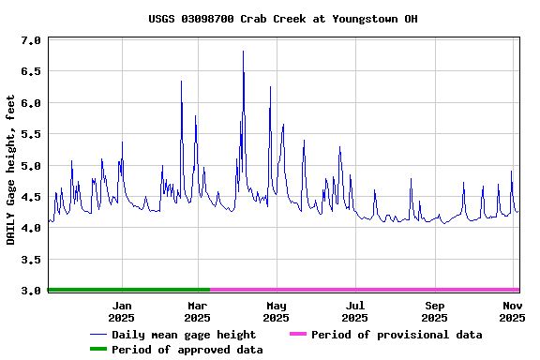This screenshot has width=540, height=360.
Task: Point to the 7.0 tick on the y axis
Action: pos(31,41)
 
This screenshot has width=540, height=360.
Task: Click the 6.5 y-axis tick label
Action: pos(31,72)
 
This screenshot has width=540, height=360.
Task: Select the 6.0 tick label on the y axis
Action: pos(31,103)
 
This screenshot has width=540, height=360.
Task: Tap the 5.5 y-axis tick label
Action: pos(31,135)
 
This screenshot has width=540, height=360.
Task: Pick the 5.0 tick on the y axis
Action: pos(31,166)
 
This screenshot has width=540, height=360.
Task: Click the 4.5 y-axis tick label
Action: pos(31,197)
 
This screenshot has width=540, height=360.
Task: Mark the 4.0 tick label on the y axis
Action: pos(31,228)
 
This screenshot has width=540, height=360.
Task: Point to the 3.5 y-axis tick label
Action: pos(31,260)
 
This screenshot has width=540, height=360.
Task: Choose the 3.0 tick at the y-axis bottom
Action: pos(31,291)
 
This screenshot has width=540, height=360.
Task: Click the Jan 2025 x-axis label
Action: pos(122,311)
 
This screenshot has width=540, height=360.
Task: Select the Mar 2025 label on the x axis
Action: pos(198,311)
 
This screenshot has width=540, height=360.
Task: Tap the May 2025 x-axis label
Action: pos(277,311)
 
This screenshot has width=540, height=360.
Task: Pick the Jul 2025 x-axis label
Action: pos(355,311)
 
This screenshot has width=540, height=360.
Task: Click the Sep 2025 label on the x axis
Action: pos(434,311)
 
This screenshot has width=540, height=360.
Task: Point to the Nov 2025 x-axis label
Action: pos(512,311)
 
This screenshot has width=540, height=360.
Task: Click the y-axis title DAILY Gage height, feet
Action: pos(11,170)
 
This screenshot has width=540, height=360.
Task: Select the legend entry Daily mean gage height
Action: pos(184,335)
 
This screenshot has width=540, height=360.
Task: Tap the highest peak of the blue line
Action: pos(243,52)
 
